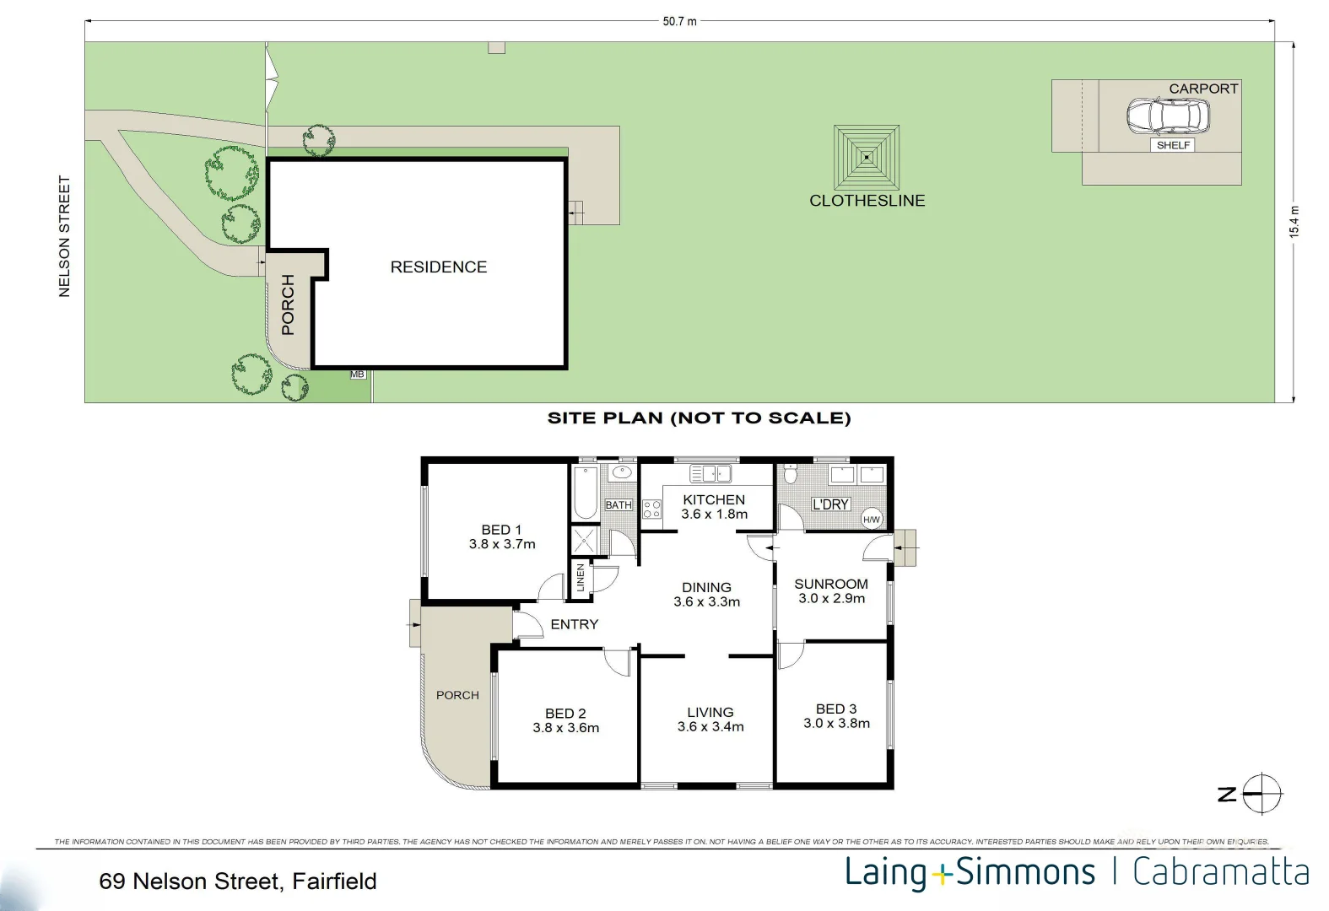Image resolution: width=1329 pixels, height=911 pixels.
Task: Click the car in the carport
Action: tap(1168, 116)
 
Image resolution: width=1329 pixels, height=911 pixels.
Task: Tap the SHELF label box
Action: tap(1173, 145)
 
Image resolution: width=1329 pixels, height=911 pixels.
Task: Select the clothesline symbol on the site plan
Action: tap(867, 157)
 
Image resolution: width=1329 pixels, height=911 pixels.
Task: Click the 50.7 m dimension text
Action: tap(679, 21)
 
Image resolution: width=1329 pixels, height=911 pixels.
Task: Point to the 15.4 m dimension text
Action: tap(1294, 222)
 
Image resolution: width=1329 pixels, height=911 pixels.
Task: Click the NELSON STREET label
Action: tap(64, 236)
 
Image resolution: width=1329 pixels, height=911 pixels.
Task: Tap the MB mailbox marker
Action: tap(357, 375)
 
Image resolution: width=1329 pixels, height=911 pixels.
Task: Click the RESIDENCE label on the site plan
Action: tap(439, 267)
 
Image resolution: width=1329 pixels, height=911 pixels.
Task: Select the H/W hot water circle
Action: tap(871, 520)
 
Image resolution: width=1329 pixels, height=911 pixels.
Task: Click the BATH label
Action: tap(619, 504)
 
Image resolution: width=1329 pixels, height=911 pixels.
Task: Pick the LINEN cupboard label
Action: tap(581, 577)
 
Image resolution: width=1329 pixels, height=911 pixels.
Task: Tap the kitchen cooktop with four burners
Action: tap(651, 509)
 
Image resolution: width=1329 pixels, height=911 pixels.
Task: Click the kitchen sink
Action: tap(710, 474)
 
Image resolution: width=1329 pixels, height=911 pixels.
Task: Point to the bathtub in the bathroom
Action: tap(585, 493)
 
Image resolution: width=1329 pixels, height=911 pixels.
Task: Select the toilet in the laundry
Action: tap(791, 474)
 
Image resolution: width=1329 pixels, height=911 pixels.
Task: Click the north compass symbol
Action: tap(1262, 794)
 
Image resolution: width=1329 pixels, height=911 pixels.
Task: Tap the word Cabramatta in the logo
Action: tap(1220, 872)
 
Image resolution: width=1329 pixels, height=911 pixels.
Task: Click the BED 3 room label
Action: tap(836, 709)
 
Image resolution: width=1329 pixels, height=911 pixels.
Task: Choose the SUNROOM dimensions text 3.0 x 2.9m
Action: tap(831, 598)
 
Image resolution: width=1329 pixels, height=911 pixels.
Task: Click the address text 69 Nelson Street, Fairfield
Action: tap(237, 881)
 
